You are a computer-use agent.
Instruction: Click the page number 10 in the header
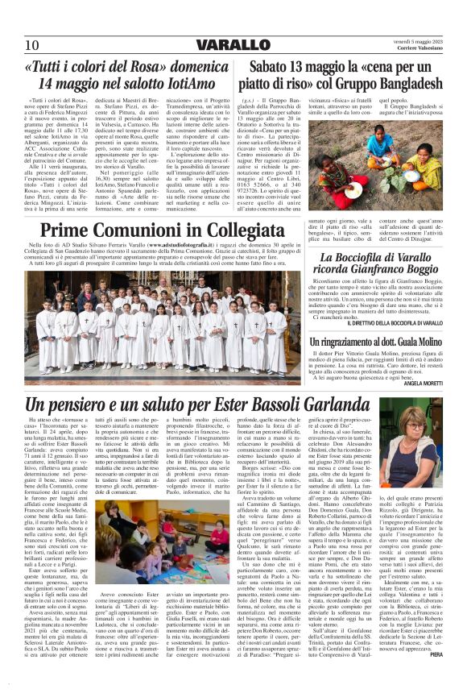(31, 44)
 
